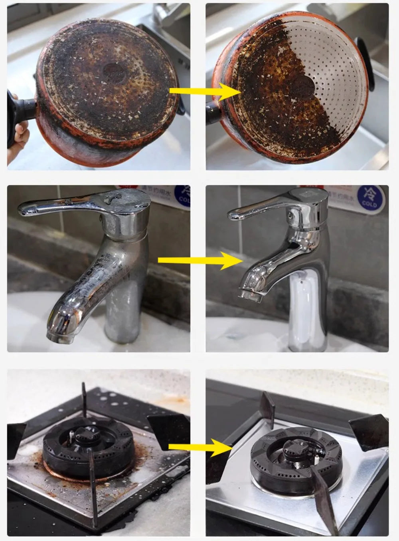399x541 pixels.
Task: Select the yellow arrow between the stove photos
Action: coord(199,447)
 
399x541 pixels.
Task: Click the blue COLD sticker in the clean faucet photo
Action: coord(369,196)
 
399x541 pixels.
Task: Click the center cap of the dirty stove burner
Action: coord(85,434)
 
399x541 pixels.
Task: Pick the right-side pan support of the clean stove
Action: coord(369,432)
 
